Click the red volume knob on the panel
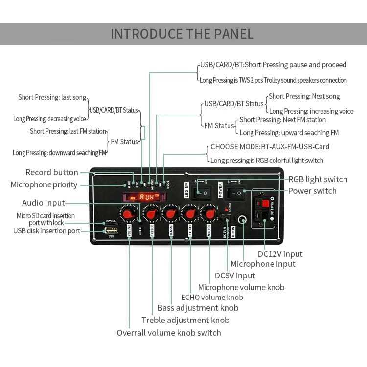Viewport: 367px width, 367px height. (129, 213)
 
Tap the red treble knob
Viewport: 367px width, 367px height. (151, 213)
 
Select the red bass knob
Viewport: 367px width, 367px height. (171, 213)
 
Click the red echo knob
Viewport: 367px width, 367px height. (190, 213)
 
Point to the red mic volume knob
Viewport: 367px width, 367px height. (209, 213)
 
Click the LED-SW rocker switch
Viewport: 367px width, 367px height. (202, 193)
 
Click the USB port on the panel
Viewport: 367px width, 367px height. (111, 230)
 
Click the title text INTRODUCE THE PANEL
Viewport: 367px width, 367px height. (182, 34)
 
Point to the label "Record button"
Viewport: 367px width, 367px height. (51, 172)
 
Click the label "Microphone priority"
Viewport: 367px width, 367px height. (44, 184)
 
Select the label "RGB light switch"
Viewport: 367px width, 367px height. (318, 179)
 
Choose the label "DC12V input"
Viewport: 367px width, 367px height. (280, 254)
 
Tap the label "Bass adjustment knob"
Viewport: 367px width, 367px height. (198, 308)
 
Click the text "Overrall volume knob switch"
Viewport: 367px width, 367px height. (168, 333)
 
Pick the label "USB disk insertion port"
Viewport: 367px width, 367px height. (46, 230)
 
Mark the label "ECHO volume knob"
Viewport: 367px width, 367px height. (212, 297)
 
